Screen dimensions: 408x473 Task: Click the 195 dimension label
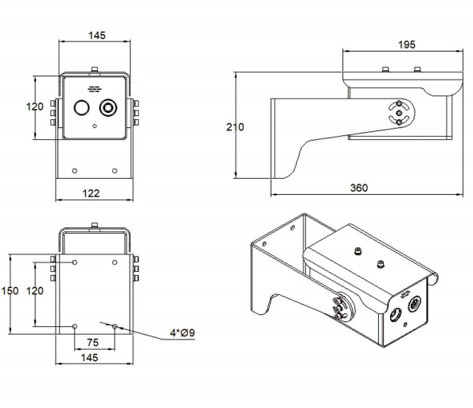(405, 45)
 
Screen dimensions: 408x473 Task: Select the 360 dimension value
(360, 188)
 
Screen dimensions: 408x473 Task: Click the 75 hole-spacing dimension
(94, 342)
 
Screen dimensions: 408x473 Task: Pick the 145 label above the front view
(96, 37)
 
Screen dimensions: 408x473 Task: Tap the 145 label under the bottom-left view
(94, 359)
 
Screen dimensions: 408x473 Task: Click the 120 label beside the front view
(34, 107)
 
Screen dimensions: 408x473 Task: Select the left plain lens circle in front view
(81, 108)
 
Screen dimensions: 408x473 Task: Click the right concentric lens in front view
(107, 107)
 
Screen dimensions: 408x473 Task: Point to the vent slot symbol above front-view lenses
(95, 89)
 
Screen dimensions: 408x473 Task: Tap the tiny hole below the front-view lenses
(95, 126)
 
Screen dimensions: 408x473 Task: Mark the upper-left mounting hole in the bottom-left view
(75, 262)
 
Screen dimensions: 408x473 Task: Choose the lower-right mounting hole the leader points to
(115, 326)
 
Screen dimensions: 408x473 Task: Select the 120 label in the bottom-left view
(34, 292)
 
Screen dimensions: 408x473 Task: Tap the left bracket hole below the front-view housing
(75, 170)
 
